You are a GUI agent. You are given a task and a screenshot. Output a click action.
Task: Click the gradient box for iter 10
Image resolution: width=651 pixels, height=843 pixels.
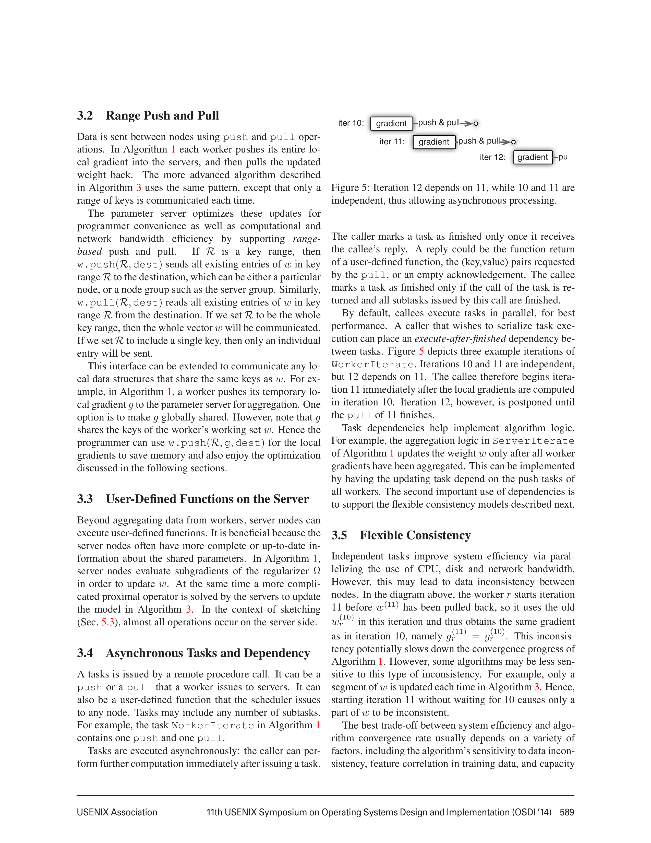click(391, 124)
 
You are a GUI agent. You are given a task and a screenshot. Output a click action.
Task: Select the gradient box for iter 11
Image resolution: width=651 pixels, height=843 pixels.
click(433, 142)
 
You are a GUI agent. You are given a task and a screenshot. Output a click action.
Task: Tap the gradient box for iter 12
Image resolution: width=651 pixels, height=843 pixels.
click(533, 157)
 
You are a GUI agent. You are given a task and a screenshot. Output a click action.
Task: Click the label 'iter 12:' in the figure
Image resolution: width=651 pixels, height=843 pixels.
click(492, 157)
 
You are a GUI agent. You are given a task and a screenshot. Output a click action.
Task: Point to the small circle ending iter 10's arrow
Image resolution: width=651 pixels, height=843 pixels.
click(476, 124)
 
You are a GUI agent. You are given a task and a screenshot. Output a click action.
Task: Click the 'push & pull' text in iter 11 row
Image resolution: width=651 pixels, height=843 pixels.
click(479, 141)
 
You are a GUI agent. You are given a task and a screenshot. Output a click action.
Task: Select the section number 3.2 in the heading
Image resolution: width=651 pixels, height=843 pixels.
click(85, 115)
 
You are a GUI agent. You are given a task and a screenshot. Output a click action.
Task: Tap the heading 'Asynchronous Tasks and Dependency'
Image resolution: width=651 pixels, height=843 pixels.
click(208, 653)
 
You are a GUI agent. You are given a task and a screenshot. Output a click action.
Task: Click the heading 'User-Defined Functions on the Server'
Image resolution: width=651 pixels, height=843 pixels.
click(207, 499)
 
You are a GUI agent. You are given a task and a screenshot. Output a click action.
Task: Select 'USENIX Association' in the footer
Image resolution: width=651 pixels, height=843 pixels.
click(117, 812)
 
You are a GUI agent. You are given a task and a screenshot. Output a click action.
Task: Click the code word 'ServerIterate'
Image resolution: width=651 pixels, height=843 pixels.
click(533, 441)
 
